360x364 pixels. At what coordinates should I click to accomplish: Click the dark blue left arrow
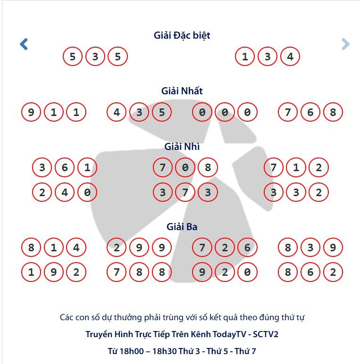24,44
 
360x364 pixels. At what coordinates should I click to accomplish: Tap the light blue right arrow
345,44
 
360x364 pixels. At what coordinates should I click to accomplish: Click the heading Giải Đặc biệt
182,35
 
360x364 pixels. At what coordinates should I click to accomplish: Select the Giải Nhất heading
182,91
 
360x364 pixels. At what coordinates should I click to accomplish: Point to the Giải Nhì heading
182,147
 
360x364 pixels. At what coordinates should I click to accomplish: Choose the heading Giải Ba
182,227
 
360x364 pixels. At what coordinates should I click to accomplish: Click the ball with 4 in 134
290,57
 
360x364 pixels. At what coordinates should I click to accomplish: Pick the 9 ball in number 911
31,112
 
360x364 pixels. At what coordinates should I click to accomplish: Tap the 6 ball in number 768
310,112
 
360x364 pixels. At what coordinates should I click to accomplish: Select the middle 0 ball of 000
225,112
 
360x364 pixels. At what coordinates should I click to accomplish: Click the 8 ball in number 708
208,167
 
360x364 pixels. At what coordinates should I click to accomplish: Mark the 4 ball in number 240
65,192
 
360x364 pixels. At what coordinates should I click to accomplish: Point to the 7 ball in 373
185,192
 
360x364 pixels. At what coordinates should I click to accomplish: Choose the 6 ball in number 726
247,248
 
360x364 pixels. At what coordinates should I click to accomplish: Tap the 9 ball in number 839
333,248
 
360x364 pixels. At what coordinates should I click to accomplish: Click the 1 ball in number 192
31,272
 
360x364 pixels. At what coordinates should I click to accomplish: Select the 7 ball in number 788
117,272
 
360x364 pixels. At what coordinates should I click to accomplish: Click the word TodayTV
229,334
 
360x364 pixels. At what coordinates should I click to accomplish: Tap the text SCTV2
266,334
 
